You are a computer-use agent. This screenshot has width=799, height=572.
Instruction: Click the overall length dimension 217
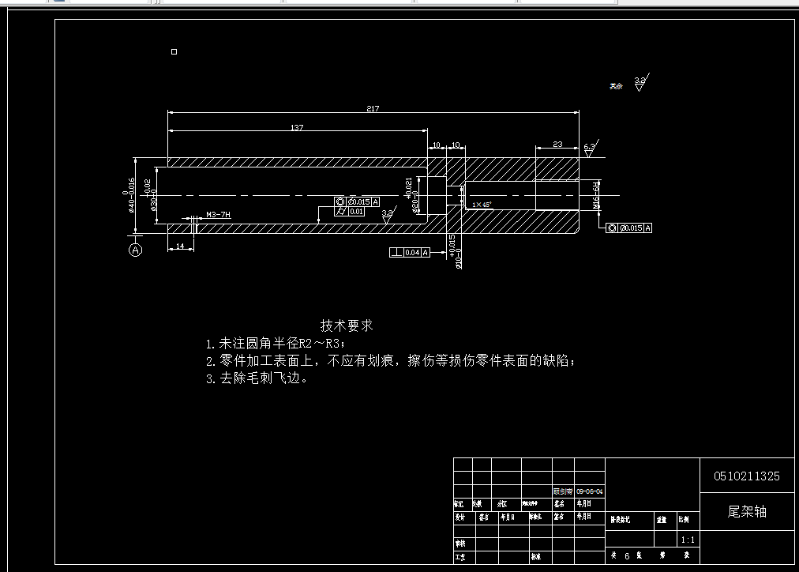(x=373, y=108)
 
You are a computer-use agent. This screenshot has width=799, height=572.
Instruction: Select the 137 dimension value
(x=297, y=127)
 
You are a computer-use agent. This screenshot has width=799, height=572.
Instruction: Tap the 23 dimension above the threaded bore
(x=557, y=144)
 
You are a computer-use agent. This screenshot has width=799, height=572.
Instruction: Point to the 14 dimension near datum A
(x=180, y=246)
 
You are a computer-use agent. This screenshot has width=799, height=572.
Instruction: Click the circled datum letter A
(x=136, y=250)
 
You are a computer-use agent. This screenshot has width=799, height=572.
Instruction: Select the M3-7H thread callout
(x=218, y=215)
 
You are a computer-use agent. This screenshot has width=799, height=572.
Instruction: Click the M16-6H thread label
(x=597, y=195)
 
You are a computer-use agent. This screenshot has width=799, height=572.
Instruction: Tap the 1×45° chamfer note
(x=482, y=205)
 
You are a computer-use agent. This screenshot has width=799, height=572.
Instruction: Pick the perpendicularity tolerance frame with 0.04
(x=411, y=253)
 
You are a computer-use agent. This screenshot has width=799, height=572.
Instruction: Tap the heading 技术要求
(x=347, y=325)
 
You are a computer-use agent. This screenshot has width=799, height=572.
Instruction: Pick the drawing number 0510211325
(x=746, y=476)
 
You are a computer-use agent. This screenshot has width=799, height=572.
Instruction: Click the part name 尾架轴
(x=746, y=511)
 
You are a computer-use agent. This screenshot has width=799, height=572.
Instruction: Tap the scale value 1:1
(x=688, y=540)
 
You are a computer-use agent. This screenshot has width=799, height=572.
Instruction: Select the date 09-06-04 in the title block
(x=590, y=491)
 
